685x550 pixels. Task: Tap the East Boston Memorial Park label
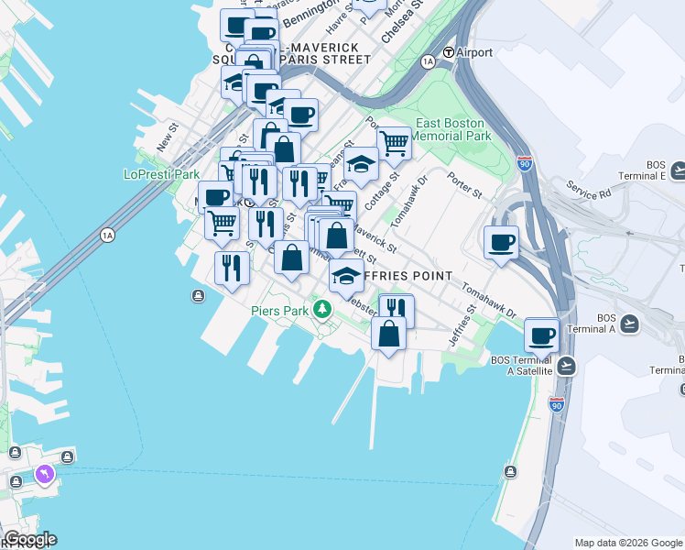453,129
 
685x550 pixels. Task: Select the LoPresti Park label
161,174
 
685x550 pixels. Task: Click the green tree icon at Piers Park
321,310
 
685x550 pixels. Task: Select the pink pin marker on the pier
44,474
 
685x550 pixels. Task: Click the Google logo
29,539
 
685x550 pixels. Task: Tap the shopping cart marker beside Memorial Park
394,143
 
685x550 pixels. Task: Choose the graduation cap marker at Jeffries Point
346,275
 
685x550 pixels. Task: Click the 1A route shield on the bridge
108,236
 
